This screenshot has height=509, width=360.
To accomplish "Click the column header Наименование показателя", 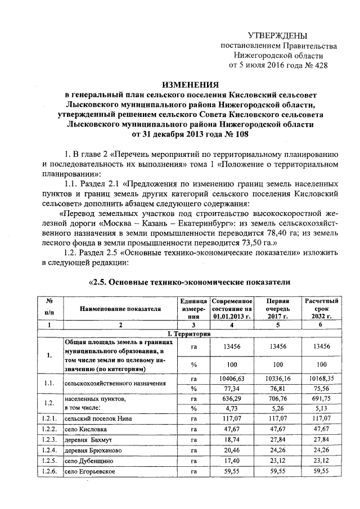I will pyautogui.click(x=120, y=309).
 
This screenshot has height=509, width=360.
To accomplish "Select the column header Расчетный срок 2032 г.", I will pyautogui.click(x=319, y=309).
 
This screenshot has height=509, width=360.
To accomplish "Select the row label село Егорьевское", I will pyautogui.click(x=90, y=471).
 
